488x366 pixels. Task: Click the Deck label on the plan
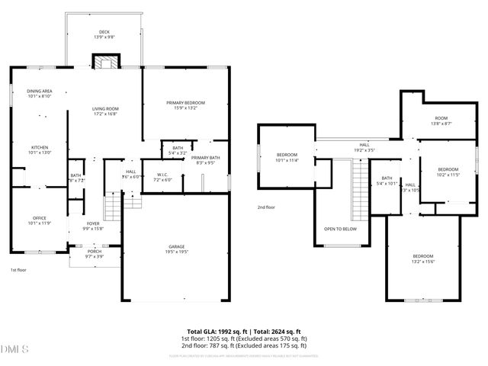[x=103, y=34]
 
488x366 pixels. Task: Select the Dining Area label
[x=39, y=93]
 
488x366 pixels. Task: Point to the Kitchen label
[x=39, y=149]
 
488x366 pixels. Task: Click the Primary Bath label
[x=205, y=159]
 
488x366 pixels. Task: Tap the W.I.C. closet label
[x=163, y=177]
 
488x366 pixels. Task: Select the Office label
[x=39, y=220]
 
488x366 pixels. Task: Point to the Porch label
[x=95, y=253]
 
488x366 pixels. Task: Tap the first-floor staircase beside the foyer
[x=113, y=207]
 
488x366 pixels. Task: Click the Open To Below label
[x=340, y=229]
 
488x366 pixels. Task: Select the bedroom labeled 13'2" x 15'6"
[x=423, y=258]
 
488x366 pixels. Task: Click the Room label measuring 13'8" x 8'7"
[x=441, y=120]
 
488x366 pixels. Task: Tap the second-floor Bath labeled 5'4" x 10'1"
[x=387, y=181]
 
